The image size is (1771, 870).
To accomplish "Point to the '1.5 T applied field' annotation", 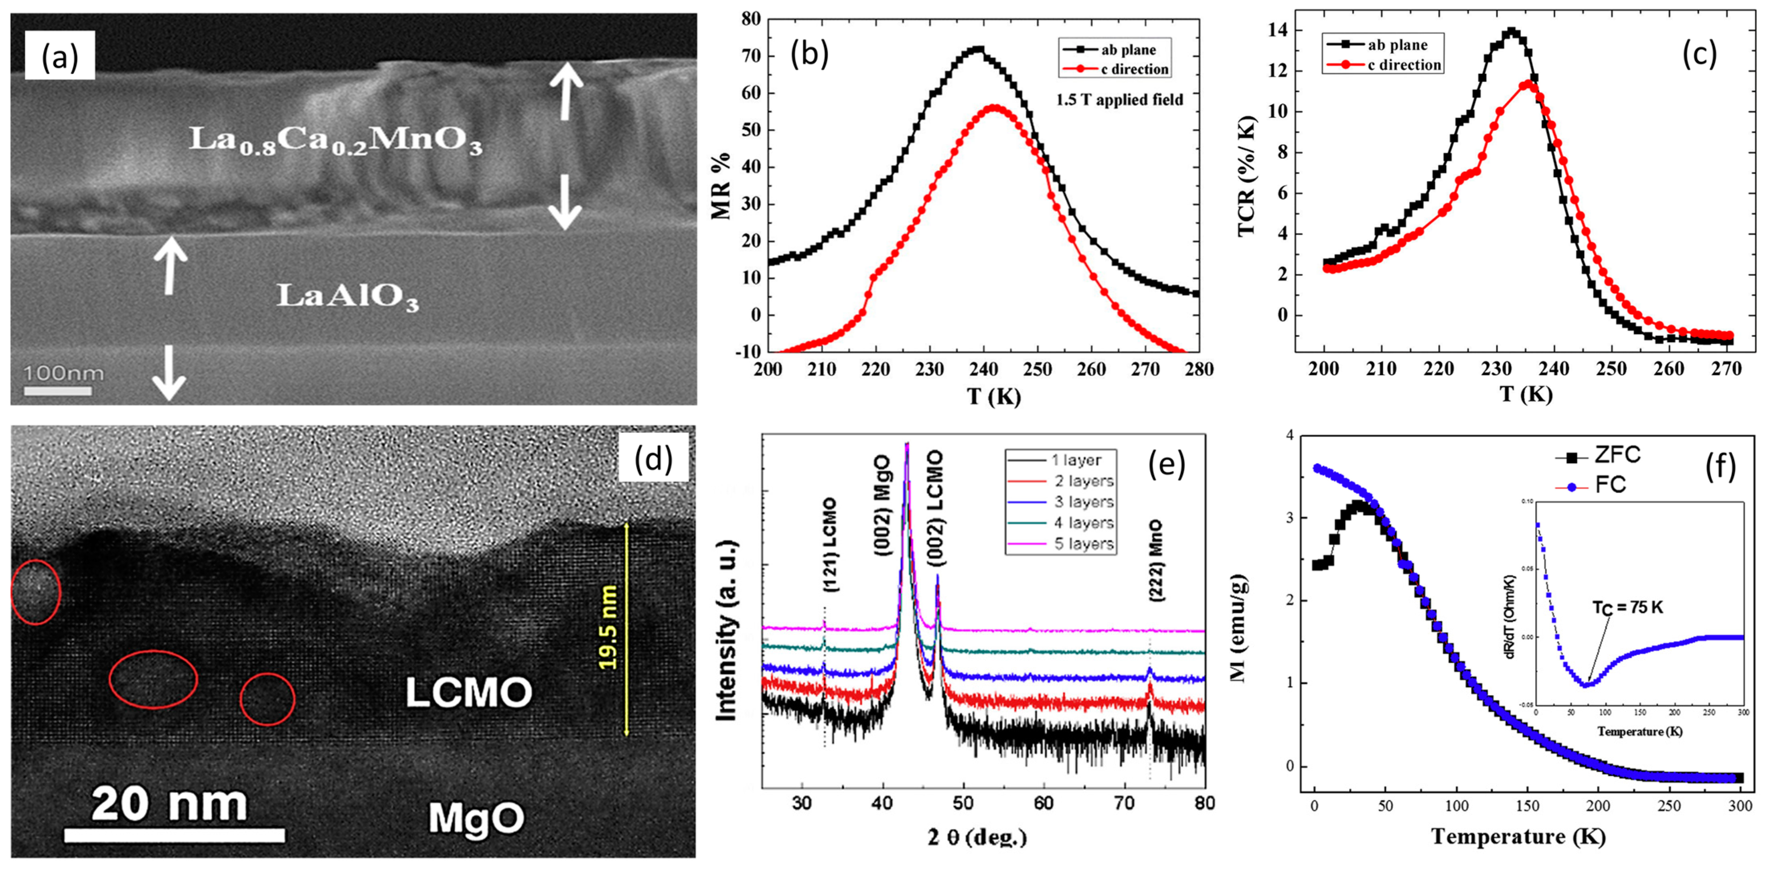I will tap(1119, 100).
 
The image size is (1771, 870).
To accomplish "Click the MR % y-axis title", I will tap(721, 186).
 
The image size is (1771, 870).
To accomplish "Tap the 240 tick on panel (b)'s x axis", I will tap(983, 369).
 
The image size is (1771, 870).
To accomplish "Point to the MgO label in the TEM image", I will tap(476, 818).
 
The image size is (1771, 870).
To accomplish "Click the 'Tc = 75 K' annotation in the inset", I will tap(1627, 607).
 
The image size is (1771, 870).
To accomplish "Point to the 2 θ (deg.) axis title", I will tap(978, 837).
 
